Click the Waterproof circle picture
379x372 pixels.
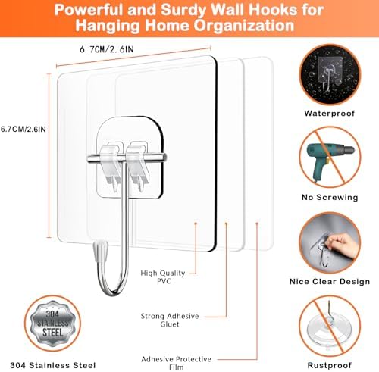[330, 76]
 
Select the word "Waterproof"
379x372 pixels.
[330, 113]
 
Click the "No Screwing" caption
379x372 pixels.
[330, 197]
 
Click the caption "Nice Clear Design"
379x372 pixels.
[330, 282]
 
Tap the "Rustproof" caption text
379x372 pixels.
[330, 365]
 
